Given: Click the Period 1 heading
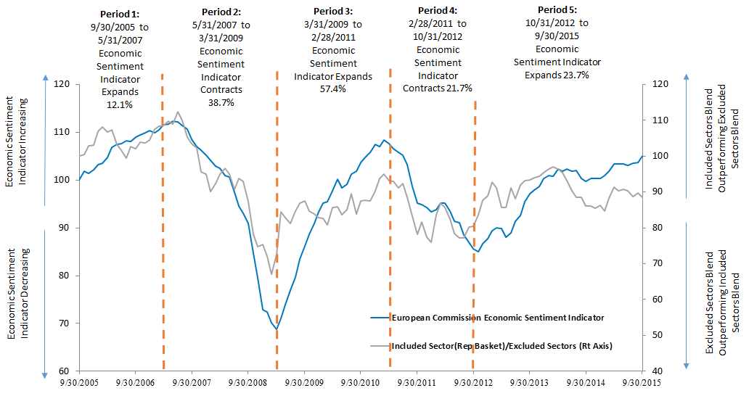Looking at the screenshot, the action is pyautogui.click(x=120, y=15).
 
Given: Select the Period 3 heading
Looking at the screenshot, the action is pyautogui.click(x=333, y=11).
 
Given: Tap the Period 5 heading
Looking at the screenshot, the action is pyautogui.click(x=557, y=9).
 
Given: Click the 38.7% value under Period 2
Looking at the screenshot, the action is pyautogui.click(x=221, y=102).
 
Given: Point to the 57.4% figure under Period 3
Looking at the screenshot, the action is pyautogui.click(x=333, y=88).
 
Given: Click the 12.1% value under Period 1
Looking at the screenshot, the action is pyautogui.click(x=120, y=104).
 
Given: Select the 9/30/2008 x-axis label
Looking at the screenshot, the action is pyautogui.click(x=248, y=382).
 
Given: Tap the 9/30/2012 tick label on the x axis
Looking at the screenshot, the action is pyautogui.click(x=473, y=382).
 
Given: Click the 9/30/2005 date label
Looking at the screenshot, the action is pyautogui.click(x=79, y=382).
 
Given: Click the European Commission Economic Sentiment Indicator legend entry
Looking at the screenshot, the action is pyautogui.click(x=487, y=318).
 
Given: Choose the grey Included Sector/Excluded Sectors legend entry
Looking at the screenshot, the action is pyautogui.click(x=491, y=346).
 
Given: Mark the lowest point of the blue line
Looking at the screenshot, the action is pyautogui.click(x=277, y=329).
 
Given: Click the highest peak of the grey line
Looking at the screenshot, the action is pyautogui.click(x=178, y=112).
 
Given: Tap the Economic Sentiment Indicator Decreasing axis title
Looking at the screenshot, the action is pyautogui.click(x=18, y=294).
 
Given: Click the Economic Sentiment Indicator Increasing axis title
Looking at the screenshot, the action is pyautogui.click(x=16, y=141).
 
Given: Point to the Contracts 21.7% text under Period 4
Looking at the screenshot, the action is pyautogui.click(x=438, y=88).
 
